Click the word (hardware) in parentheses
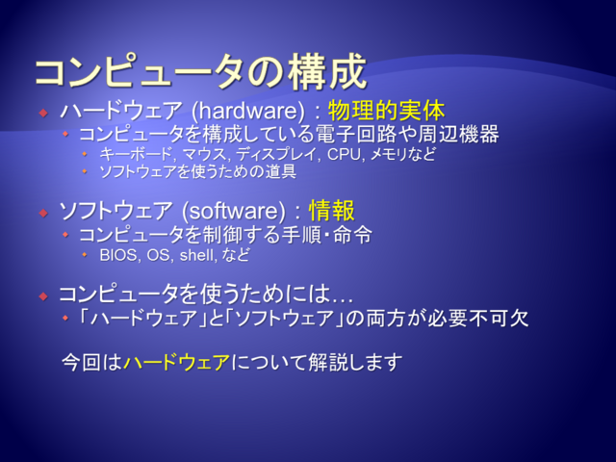click(x=248, y=111)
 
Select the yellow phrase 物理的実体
click(x=387, y=111)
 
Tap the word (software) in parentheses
click(x=234, y=211)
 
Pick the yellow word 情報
click(x=332, y=211)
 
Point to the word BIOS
click(x=118, y=255)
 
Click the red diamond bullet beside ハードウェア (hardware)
click(x=43, y=114)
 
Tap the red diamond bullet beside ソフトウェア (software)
click(x=43, y=214)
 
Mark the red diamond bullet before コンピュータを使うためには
click(x=43, y=296)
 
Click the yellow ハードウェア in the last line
click(x=176, y=362)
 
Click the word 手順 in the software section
click(x=301, y=235)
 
